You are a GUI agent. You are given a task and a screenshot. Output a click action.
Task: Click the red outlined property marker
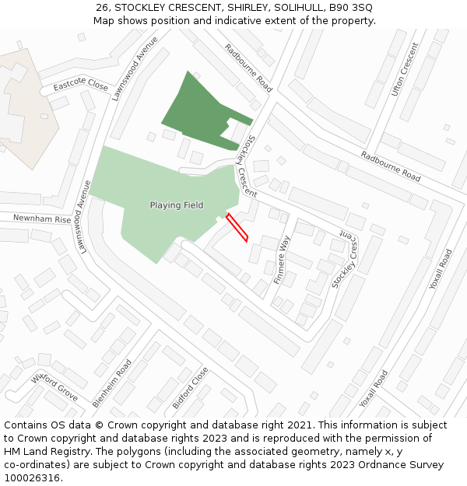click(237, 227)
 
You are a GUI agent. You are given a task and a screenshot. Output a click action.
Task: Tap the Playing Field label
click(177, 205)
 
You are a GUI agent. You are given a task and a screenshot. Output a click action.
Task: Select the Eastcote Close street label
click(81, 85)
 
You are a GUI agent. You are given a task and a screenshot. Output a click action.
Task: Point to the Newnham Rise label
click(42, 219)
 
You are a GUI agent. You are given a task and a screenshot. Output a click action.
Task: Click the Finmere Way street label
click(281, 260)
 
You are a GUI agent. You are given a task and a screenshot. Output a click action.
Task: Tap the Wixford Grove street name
click(54, 386)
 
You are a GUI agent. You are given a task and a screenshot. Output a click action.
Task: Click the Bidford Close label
click(191, 388)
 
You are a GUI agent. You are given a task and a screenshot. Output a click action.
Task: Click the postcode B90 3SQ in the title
click(350, 7)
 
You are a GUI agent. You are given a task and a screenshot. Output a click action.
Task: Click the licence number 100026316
click(33, 478)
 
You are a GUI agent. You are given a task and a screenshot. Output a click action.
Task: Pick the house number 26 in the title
click(102, 7)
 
